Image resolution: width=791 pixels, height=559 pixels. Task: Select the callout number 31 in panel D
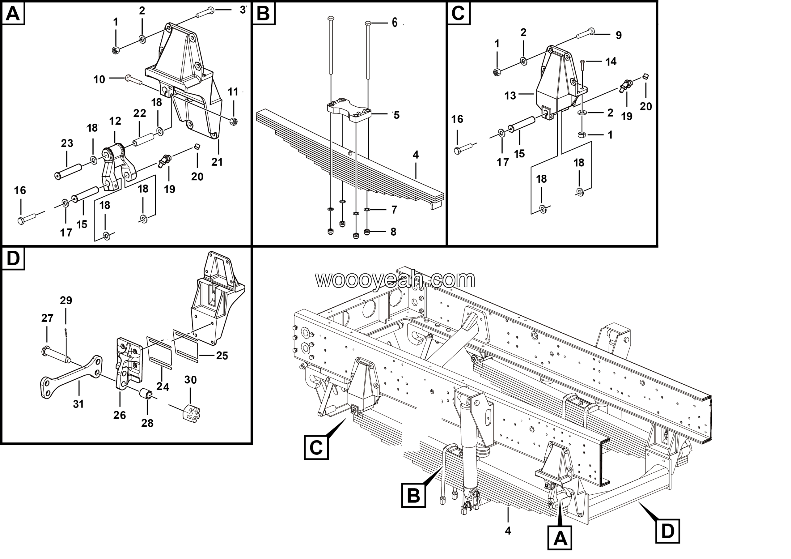tap(78, 403)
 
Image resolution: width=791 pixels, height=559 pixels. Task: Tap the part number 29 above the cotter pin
tap(66, 300)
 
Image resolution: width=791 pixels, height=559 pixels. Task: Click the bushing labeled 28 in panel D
tap(146, 393)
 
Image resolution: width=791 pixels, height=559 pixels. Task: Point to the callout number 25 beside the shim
tap(222, 355)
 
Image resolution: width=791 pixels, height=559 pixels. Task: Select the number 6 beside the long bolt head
tap(395, 23)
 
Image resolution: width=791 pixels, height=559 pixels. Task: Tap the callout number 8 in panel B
tap(393, 232)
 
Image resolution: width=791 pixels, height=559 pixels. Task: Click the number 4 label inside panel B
tap(416, 155)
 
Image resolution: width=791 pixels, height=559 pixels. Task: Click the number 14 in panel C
tap(611, 62)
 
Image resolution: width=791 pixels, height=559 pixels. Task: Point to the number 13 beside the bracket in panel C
tap(510, 95)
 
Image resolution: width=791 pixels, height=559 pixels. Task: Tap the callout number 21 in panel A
tap(217, 162)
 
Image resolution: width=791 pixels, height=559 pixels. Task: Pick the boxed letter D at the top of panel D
tap(13, 258)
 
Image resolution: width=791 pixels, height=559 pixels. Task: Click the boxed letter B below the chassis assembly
tap(413, 495)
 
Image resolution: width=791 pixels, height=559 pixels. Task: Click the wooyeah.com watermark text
tap(395, 279)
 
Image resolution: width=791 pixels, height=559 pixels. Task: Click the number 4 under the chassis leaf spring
tap(507, 531)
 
